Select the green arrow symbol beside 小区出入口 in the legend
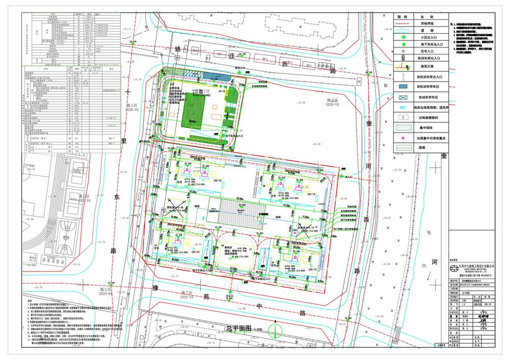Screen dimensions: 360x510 click(x=402, y=37)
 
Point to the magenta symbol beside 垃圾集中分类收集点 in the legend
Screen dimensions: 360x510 click(x=402, y=138)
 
